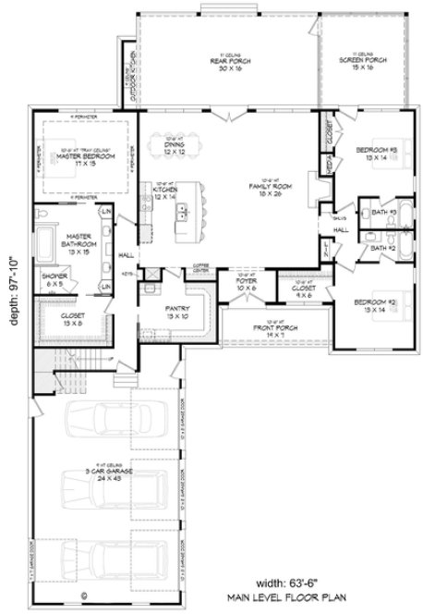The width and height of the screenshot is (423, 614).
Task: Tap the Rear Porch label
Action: pyautogui.click(x=218, y=65)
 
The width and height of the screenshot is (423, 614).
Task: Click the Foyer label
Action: pyautogui.click(x=247, y=286)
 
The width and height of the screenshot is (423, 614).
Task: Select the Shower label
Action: pyautogui.click(x=52, y=279)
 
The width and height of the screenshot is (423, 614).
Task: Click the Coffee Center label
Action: pyautogui.click(x=201, y=268)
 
